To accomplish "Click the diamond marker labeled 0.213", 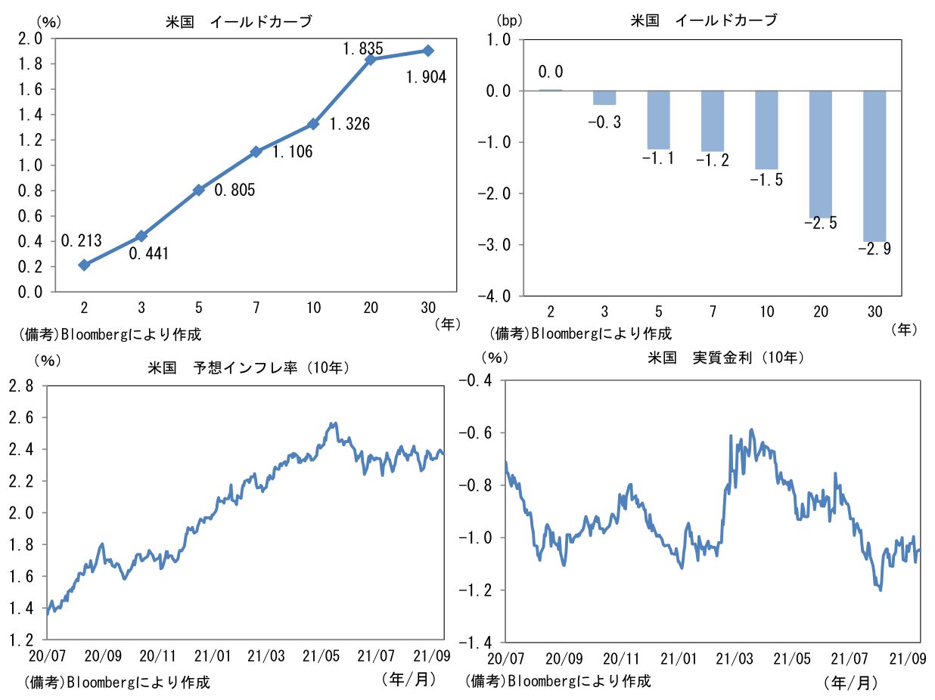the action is pyautogui.click(x=84, y=265).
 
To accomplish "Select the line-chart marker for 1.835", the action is pyautogui.click(x=371, y=60).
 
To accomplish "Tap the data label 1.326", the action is pyautogui.click(x=349, y=124).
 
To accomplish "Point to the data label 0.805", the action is pyautogui.click(x=235, y=190).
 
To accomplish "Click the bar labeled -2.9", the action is pyautogui.click(x=874, y=166).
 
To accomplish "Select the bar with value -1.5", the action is pyautogui.click(x=766, y=130).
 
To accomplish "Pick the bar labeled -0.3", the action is pyautogui.click(x=604, y=98).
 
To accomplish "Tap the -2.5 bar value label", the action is pyautogui.click(x=821, y=223).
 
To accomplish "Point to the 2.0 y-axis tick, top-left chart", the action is pyautogui.click(x=30, y=39).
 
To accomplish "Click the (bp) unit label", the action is pyautogui.click(x=509, y=20).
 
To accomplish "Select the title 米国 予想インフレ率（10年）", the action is pyautogui.click(x=249, y=367).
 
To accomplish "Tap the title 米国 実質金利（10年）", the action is pyautogui.click(x=726, y=358).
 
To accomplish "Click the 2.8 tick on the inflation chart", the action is pyautogui.click(x=21, y=386).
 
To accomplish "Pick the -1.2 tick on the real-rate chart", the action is pyautogui.click(x=475, y=590).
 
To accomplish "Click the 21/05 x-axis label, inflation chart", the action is pyautogui.click(x=322, y=655).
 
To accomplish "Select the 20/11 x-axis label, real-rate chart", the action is pyautogui.click(x=621, y=658).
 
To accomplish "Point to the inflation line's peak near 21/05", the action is pyautogui.click(x=332, y=423).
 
